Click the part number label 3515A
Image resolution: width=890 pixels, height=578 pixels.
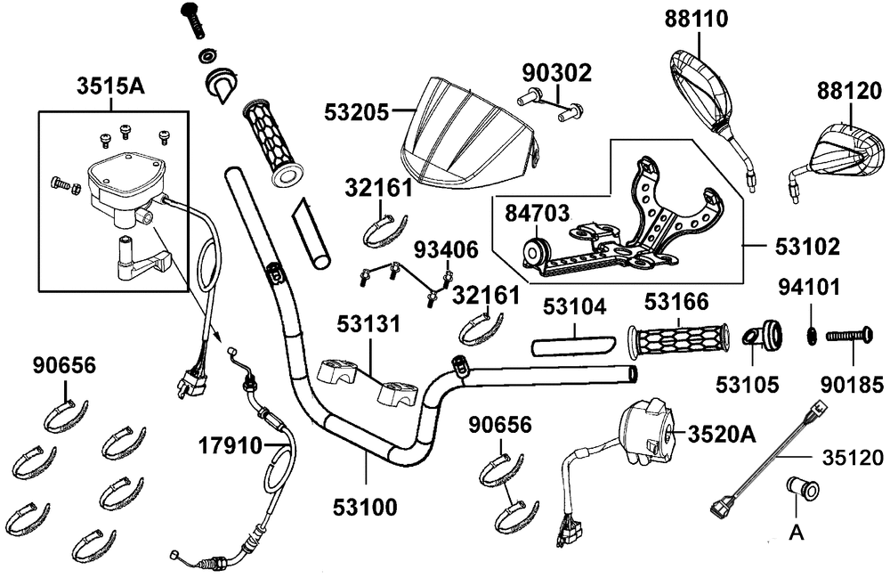pyautogui.click(x=111, y=87)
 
